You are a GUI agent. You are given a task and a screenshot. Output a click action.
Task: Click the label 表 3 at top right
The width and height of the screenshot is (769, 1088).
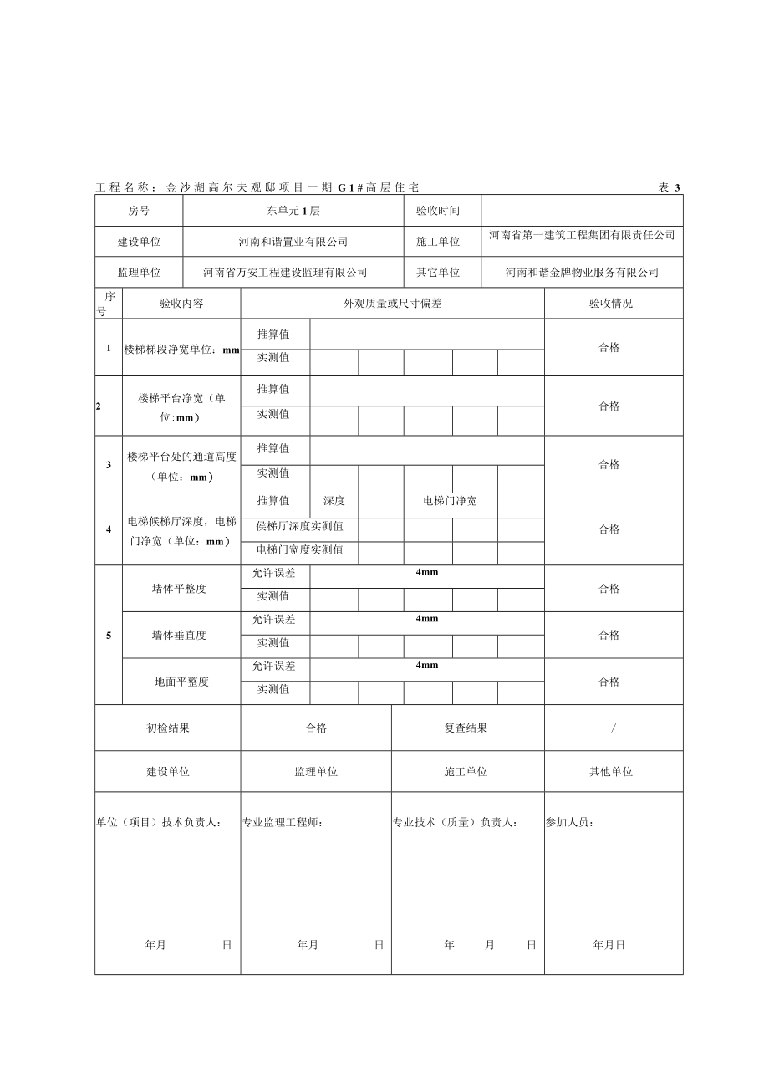pyautogui.click(x=670, y=188)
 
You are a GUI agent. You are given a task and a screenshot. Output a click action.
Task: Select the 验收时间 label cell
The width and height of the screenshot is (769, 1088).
pyautogui.click(x=437, y=212)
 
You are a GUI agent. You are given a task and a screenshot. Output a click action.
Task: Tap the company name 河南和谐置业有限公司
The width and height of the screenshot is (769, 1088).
pyautogui.click(x=293, y=242)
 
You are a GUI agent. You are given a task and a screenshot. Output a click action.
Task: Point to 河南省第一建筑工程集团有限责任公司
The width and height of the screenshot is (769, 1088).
pyautogui.click(x=582, y=236)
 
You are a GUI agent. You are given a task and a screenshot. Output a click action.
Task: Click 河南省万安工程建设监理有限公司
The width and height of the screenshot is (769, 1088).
pyautogui.click(x=285, y=273)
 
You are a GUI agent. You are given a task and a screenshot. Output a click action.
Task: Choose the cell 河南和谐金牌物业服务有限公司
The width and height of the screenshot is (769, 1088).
pyautogui.click(x=582, y=273)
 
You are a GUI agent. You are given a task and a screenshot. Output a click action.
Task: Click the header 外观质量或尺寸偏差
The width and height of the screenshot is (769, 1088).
pyautogui.click(x=393, y=304)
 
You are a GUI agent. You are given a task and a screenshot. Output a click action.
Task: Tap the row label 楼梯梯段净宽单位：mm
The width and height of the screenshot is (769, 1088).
pyautogui.click(x=181, y=349)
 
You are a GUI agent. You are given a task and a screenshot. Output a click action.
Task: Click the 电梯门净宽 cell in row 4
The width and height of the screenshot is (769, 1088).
pyautogui.click(x=450, y=502)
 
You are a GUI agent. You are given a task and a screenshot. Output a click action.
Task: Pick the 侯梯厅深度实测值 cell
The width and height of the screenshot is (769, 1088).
pyautogui.click(x=299, y=527)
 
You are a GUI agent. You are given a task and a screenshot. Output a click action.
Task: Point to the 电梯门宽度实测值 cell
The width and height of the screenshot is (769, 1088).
pyautogui.click(x=299, y=550)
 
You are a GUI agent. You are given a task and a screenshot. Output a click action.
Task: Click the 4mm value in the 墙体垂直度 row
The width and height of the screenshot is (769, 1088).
pyautogui.click(x=426, y=619)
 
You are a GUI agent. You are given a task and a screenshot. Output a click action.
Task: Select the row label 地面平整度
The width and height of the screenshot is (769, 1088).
pyautogui.click(x=181, y=682)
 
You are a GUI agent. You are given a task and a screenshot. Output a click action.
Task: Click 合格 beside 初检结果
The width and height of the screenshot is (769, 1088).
pyautogui.click(x=316, y=728)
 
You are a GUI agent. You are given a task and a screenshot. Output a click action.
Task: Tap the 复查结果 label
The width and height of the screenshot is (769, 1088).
pyautogui.click(x=466, y=728)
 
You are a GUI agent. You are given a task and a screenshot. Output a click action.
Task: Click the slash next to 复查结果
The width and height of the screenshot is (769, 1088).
pyautogui.click(x=614, y=728)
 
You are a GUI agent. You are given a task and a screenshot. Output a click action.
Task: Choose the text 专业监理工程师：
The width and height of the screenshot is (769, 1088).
pyautogui.click(x=283, y=823)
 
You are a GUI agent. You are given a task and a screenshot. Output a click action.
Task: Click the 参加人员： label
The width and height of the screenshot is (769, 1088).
pyautogui.click(x=570, y=823)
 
